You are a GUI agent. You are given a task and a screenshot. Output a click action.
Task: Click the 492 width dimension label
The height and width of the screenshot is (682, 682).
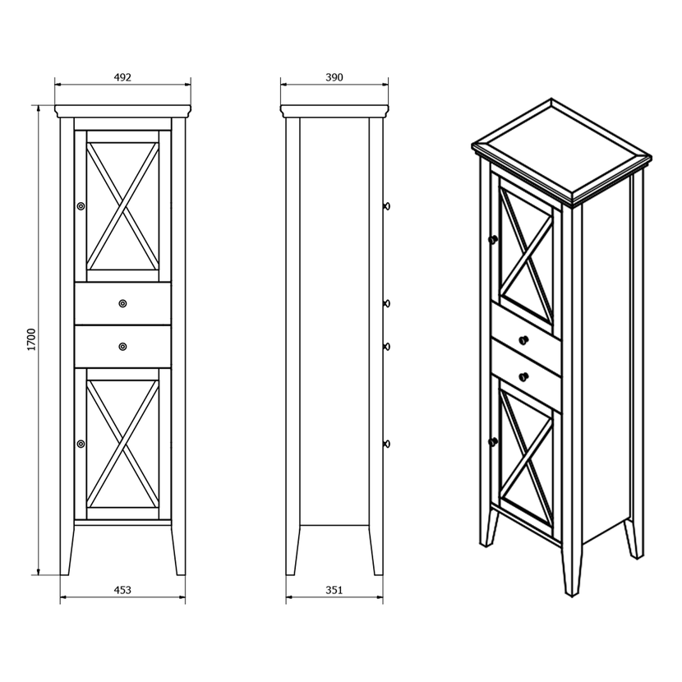(x=122, y=77)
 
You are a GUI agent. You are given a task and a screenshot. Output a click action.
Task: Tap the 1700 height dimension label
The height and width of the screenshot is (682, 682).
(x=31, y=339)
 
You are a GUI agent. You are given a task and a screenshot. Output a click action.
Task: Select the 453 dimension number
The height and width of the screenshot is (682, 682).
(x=122, y=590)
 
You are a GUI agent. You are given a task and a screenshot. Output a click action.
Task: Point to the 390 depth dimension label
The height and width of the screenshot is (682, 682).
(x=334, y=77)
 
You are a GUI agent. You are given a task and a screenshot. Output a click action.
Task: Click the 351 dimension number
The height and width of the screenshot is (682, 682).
(x=334, y=590)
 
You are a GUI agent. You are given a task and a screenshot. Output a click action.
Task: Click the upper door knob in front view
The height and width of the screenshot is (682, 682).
(x=81, y=205)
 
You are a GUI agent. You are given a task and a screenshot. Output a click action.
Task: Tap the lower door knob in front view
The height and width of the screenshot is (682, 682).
(x=81, y=444)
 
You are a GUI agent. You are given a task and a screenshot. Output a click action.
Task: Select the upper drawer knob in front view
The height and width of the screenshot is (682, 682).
(x=122, y=303)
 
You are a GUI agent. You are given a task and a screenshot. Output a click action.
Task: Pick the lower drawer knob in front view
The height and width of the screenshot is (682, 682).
(x=122, y=347)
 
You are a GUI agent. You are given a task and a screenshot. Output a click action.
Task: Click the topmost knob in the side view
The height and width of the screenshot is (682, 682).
(x=386, y=205)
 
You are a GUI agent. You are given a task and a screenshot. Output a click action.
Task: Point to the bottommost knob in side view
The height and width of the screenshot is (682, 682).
(x=386, y=444)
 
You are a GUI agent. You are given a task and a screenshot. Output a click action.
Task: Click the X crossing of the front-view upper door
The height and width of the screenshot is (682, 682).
(x=122, y=206)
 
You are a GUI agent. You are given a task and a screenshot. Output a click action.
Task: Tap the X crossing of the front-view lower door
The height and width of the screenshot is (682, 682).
(x=122, y=444)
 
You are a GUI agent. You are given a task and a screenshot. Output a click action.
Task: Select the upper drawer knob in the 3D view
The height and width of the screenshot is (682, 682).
(x=523, y=340)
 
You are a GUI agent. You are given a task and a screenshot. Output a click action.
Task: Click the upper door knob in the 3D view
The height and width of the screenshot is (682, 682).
(x=493, y=239)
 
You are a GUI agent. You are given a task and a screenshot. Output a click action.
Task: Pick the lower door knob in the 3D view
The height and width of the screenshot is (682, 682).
(x=493, y=442)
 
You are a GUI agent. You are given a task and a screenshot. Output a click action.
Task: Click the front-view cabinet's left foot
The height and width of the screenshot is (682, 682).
(x=65, y=550)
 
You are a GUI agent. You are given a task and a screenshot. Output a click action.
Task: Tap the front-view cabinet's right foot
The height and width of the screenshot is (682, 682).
(x=179, y=550)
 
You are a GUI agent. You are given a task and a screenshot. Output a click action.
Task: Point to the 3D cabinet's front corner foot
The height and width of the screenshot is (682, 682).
(x=572, y=574)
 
